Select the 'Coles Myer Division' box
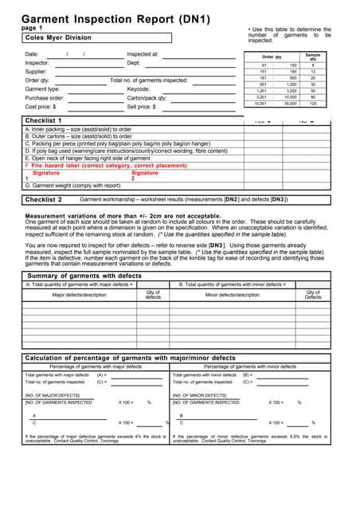pyautogui.click(x=96, y=37)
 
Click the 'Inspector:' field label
pyautogui.click(x=37, y=63)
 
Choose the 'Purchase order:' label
pyautogui.click(x=44, y=98)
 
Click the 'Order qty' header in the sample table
pyautogui.click(x=273, y=57)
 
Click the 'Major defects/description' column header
pyautogui.click(x=79, y=295)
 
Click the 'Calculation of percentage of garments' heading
pyautogui.click(x=131, y=358)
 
